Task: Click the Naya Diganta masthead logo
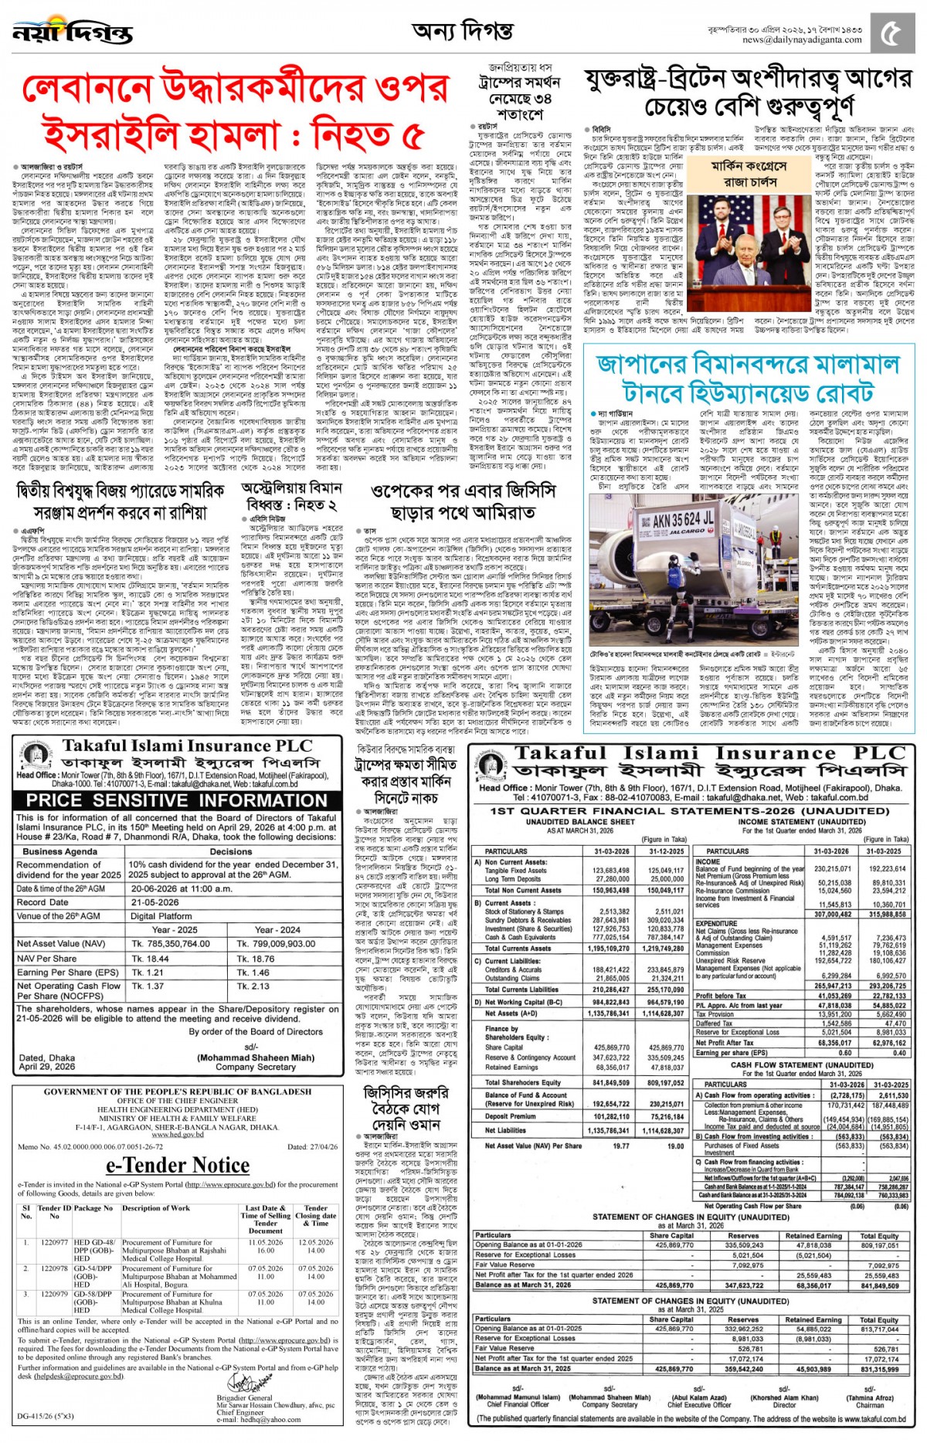click(73, 32)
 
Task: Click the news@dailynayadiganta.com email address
click(801, 39)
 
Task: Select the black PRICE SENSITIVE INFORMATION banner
click(177, 800)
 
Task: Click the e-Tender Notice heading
click(177, 1164)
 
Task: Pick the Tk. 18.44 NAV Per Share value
click(151, 958)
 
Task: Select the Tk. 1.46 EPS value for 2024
click(254, 973)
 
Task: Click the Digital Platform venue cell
click(165, 915)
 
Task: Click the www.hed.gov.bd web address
click(177, 1135)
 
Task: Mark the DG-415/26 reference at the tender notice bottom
click(46, 1416)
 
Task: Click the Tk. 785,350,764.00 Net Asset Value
click(171, 943)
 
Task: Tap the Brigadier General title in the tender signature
click(244, 1397)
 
